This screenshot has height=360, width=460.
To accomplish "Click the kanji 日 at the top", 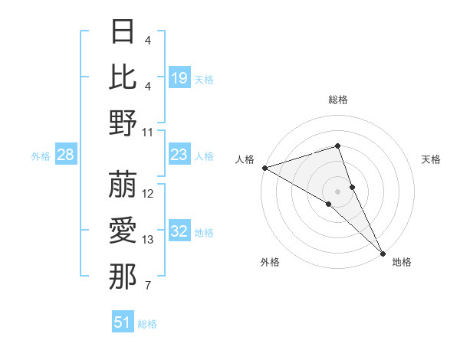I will pyautogui.click(x=123, y=31).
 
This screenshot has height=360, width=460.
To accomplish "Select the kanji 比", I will pyautogui.click(x=123, y=77).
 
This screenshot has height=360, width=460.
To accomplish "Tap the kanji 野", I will pyautogui.click(x=123, y=123).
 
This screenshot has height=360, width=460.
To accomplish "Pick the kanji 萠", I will pyautogui.click(x=123, y=185).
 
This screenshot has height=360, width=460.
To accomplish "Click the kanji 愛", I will pyautogui.click(x=123, y=231).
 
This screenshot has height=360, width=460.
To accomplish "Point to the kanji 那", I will pyautogui.click(x=123, y=277).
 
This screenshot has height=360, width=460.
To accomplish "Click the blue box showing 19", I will pyautogui.click(x=179, y=77).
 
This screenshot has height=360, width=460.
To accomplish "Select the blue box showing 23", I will pyautogui.click(x=179, y=155).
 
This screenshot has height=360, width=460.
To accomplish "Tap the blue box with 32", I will pyautogui.click(x=179, y=232).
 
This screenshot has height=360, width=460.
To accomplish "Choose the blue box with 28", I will pyautogui.click(x=66, y=155).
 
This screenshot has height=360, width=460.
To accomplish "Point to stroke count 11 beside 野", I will pyautogui.click(x=148, y=132).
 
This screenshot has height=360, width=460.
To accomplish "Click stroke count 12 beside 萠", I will pyautogui.click(x=148, y=194).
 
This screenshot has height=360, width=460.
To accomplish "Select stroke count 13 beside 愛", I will pyautogui.click(x=148, y=240).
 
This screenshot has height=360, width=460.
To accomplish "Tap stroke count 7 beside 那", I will pyautogui.click(x=147, y=286).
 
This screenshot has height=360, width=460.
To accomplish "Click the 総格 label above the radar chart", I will pyautogui.click(x=337, y=100).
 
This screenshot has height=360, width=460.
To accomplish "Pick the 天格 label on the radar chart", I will pyautogui.click(x=431, y=159).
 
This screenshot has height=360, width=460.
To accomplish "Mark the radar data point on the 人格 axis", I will pyautogui.click(x=264, y=167).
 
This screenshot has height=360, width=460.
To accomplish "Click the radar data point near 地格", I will pyautogui.click(x=382, y=251).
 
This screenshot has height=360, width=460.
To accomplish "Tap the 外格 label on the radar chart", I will pyautogui.click(x=270, y=263).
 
